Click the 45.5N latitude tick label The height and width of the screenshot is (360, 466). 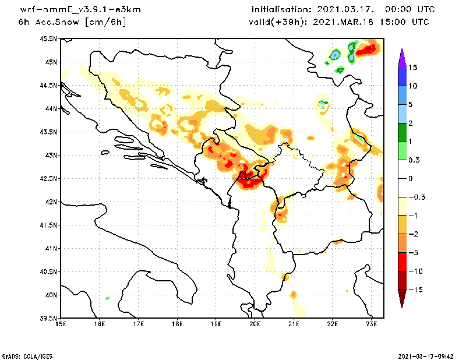[48, 39]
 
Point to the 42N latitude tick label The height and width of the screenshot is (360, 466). [51, 202]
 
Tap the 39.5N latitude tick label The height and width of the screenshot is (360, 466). [48, 319]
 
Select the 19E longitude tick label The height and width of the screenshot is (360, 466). [216, 324]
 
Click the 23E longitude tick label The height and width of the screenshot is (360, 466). [372, 324]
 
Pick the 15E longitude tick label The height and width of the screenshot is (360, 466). [60, 324]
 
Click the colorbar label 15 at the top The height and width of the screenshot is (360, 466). [412, 68]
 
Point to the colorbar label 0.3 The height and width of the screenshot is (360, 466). [414, 160]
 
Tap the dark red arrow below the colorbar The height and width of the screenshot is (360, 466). [401, 298]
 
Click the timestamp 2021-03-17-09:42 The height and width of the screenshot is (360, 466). [425, 355]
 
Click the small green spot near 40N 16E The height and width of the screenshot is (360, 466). [107, 298]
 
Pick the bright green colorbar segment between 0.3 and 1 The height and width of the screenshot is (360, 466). [401, 151]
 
